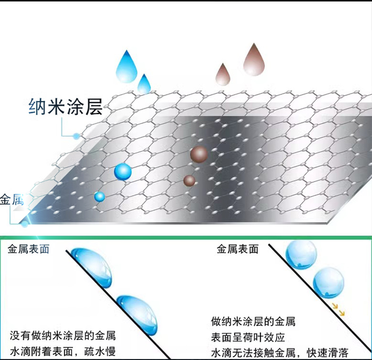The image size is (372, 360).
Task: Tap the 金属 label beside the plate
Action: [12, 200]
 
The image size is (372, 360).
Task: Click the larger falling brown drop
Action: [254, 59]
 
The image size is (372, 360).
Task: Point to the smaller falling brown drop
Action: [222, 74]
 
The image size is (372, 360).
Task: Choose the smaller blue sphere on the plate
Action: [99, 197]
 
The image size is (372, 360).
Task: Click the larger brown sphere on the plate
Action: [199, 153]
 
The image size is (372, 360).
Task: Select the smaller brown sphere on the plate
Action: [189, 180]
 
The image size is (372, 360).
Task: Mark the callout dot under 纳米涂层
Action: [76, 136]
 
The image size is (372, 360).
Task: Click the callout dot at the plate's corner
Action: [24, 224]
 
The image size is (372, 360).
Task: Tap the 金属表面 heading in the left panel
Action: [28, 249]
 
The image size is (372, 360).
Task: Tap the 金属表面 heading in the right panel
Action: [237, 249]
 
